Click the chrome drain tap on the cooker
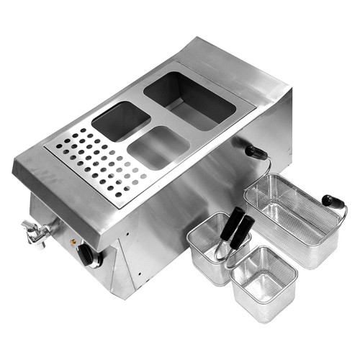[x=38, y=232]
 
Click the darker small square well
[x=121, y=120]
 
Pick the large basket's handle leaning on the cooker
[x=256, y=152]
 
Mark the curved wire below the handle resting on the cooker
[x=266, y=169]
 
